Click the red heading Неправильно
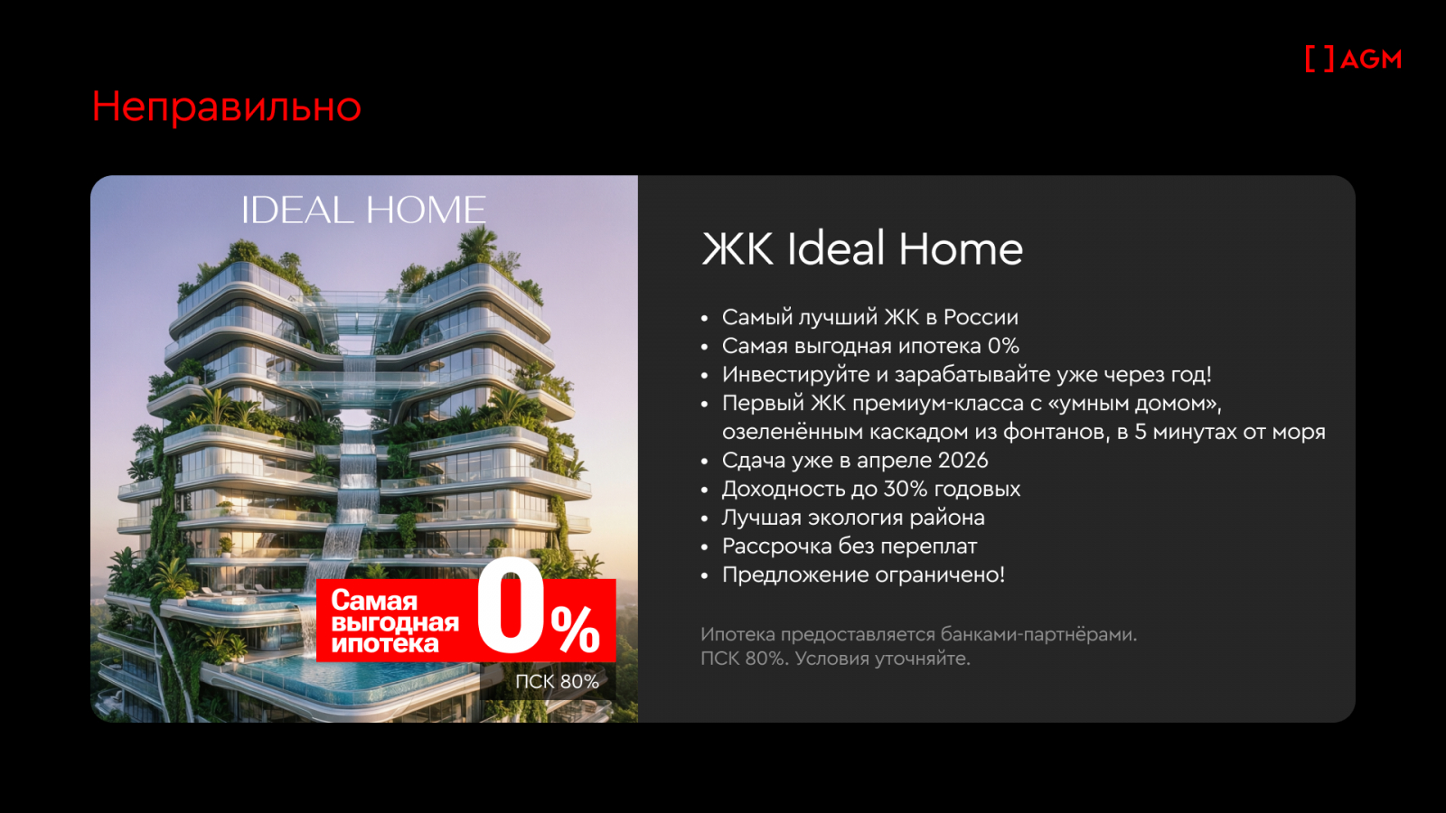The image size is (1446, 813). [x=226, y=107]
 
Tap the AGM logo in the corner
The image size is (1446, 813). [x=1353, y=60]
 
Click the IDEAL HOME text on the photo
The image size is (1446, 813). [x=363, y=210]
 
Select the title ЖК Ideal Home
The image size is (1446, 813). [x=862, y=248]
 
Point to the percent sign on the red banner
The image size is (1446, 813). [x=575, y=629]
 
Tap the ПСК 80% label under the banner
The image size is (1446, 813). [x=557, y=681]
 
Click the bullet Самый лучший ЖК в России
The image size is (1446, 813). [x=869, y=317]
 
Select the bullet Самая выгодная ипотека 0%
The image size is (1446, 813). [x=870, y=346]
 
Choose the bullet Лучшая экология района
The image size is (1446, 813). [x=853, y=518]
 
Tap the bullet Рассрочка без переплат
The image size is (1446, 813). [x=849, y=547]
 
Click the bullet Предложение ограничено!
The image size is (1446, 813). [x=863, y=575]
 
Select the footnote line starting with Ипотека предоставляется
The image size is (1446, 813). [x=918, y=635]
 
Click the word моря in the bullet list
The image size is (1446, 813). [x=1298, y=433]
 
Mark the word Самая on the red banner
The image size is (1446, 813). [x=374, y=602]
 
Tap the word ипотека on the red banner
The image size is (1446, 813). [x=385, y=644]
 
